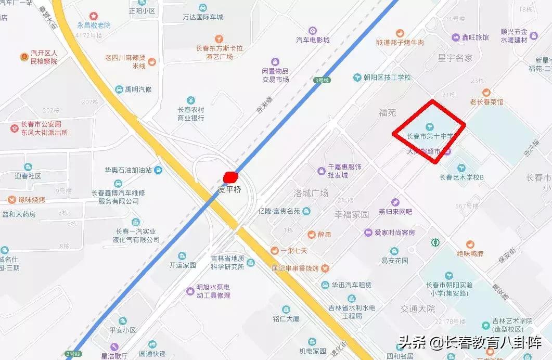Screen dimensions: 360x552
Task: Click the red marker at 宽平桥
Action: click(x=230, y=177)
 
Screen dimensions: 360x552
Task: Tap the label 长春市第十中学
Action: click(x=430, y=136)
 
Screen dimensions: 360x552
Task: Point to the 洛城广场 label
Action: click(x=311, y=193)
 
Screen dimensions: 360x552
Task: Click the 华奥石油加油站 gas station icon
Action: click(x=158, y=170)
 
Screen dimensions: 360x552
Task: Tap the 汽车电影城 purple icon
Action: click(x=312, y=30)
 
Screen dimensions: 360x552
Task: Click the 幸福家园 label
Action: click(x=351, y=214)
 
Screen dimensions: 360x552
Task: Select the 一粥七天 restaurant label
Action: click(x=294, y=250)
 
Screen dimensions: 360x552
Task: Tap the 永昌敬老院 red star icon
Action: click(x=94, y=16)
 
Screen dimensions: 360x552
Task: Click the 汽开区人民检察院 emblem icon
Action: click(x=23, y=57)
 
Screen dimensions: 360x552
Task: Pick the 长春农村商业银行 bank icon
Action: click(x=191, y=100)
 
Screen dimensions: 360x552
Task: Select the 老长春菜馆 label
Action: click(x=486, y=102)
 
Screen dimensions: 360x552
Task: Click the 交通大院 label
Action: click(x=417, y=308)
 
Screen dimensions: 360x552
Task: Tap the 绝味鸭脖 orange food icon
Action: click(x=470, y=245)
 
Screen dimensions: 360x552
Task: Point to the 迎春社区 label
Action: click(x=28, y=176)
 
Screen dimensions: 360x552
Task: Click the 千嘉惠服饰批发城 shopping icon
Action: click(x=321, y=171)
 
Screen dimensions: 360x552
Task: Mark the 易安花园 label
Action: click(x=395, y=261)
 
